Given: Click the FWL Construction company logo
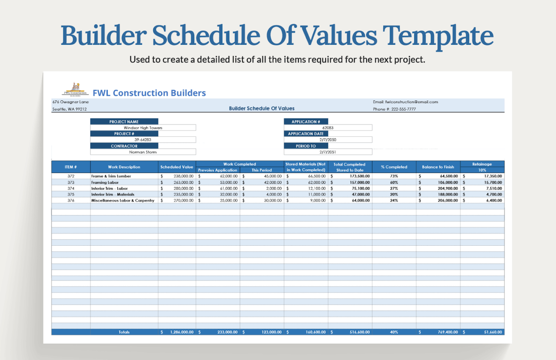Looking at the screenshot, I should click(x=75, y=90).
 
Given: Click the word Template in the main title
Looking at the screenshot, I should click(x=438, y=36).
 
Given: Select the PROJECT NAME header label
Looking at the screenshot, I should click(x=124, y=122).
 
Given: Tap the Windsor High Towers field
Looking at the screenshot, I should click(x=143, y=128).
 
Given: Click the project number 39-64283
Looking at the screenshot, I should click(x=143, y=140).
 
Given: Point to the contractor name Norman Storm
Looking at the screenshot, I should click(x=143, y=152).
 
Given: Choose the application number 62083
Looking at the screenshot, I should click(x=328, y=128).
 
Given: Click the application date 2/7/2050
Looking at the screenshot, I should click(x=328, y=140).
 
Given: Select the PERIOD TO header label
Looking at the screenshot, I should click(x=306, y=146).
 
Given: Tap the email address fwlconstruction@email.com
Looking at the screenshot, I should click(x=411, y=102).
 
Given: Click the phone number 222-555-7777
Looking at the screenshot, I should click(x=403, y=109).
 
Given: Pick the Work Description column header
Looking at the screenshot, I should click(x=124, y=167).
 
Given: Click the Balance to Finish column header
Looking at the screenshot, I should click(x=438, y=167).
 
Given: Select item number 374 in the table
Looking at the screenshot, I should click(x=71, y=189).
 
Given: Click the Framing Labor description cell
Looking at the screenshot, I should click(x=105, y=183).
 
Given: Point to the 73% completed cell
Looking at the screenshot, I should click(x=394, y=176).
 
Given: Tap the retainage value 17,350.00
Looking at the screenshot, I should click(x=493, y=176).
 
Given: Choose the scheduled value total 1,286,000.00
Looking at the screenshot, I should click(x=182, y=332).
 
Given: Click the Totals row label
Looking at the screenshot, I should click(x=124, y=332).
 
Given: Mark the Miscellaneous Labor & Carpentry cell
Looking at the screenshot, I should click(x=123, y=200).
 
